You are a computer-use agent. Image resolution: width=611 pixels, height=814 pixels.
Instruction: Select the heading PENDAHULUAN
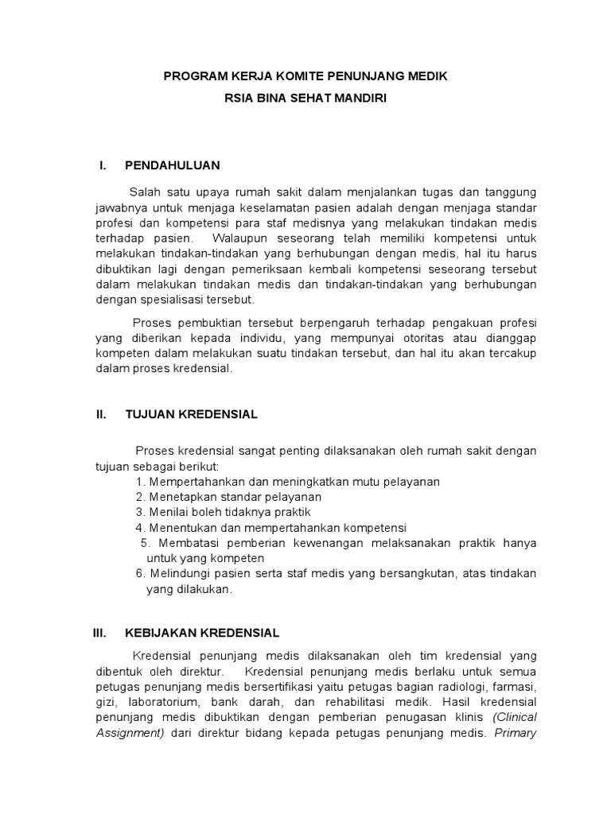pyautogui.click(x=173, y=165)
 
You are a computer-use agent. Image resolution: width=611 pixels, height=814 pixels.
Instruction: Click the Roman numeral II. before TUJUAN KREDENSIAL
pyautogui.click(x=101, y=414)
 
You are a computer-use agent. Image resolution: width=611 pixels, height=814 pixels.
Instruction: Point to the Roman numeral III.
pyautogui.click(x=99, y=633)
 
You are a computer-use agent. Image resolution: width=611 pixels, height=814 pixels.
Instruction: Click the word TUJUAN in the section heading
pyautogui.click(x=148, y=414)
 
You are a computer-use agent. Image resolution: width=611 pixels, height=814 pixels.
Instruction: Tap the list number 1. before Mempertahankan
pyautogui.click(x=140, y=482)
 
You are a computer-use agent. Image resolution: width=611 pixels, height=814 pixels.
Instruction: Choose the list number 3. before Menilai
pyautogui.click(x=140, y=512)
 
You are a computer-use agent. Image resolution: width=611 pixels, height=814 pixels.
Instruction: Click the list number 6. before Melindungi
pyautogui.click(x=140, y=573)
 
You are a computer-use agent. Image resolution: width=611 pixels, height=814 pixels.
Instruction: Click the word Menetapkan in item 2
pyautogui.click(x=179, y=497)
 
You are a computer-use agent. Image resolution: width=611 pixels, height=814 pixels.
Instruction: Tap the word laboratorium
pyautogui.click(x=181, y=702)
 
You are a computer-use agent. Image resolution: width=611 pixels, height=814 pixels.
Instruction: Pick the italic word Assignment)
pyautogui.click(x=129, y=732)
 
